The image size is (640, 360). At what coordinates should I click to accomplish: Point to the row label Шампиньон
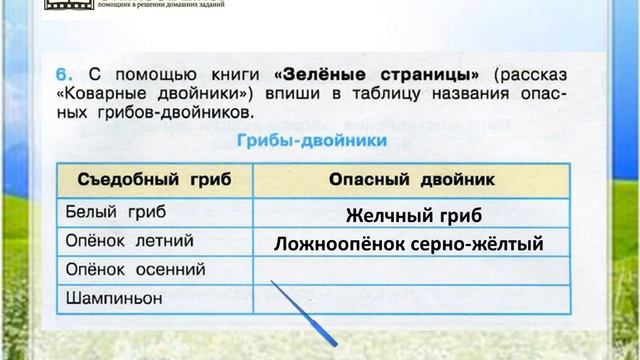point(113,297)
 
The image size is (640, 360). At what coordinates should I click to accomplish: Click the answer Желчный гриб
point(414,215)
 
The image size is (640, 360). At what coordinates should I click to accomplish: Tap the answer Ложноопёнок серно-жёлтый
point(409,242)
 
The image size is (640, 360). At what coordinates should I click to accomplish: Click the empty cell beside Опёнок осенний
point(414,269)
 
